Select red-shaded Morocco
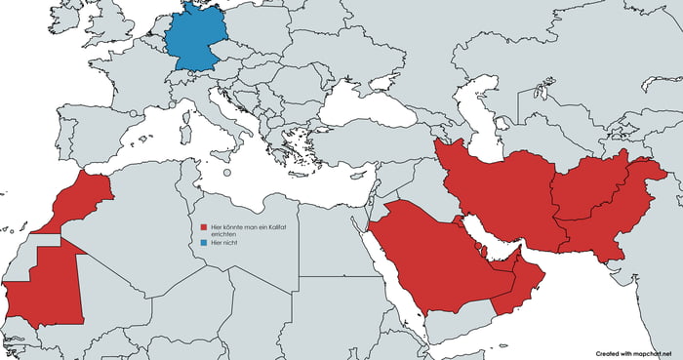tap(82, 201)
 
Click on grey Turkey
tap(371, 146)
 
